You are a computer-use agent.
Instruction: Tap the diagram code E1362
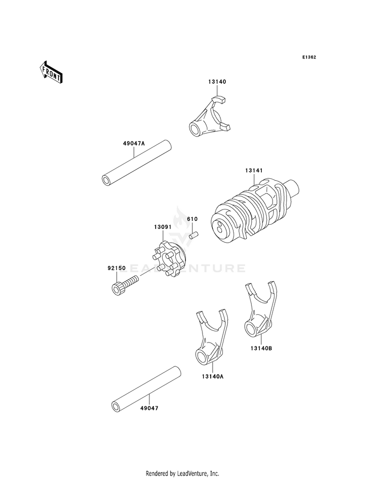309,57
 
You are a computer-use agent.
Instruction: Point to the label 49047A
134,144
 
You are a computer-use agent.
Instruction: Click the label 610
193,219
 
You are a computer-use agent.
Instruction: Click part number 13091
164,227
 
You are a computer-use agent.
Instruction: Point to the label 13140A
210,376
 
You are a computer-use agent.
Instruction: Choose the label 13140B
260,349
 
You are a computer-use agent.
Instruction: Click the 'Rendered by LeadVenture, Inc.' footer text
182,473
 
